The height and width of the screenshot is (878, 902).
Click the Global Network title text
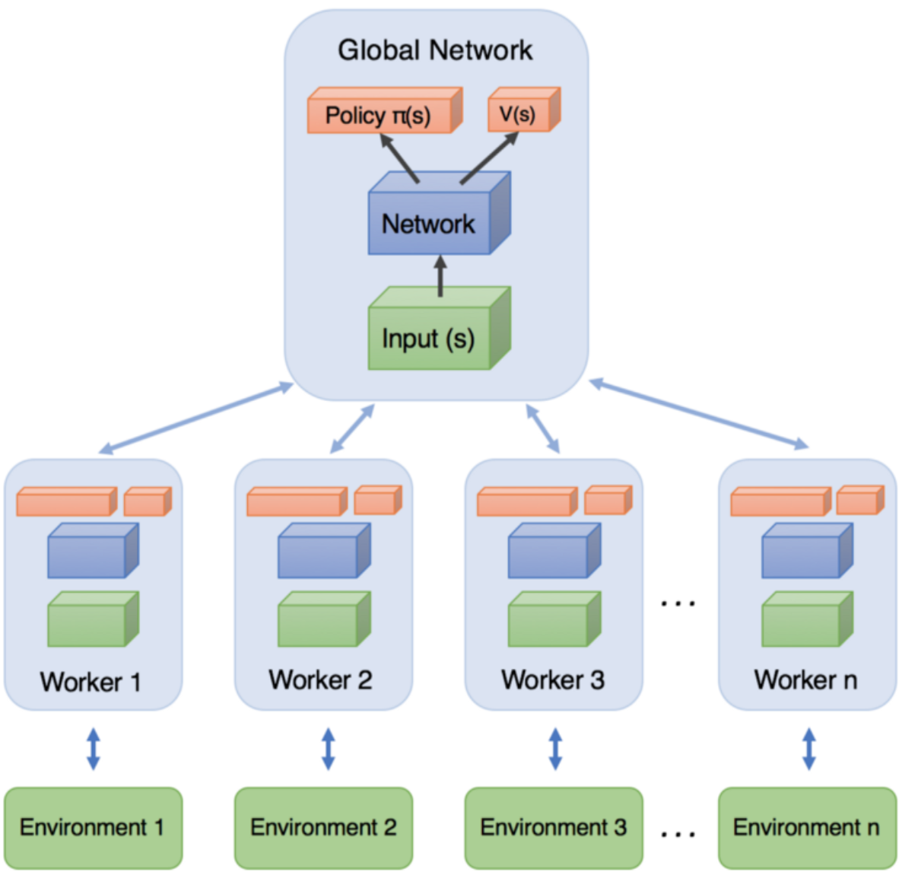tap(435, 50)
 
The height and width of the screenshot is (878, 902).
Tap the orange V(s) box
tap(520, 113)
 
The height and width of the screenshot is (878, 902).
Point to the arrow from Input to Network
tap(440, 275)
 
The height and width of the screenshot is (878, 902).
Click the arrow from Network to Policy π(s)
tap(399, 158)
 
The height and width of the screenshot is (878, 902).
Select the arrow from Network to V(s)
tap(488, 158)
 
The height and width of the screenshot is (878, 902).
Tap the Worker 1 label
tap(91, 682)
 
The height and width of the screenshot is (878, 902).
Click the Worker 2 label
tap(320, 679)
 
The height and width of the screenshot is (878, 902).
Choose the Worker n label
tap(805, 679)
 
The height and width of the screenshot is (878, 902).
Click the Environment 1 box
tap(93, 827)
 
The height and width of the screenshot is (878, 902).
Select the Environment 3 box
tap(554, 827)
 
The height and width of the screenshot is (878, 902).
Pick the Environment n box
tap(806, 827)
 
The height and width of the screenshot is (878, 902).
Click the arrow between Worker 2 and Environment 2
tap(328, 749)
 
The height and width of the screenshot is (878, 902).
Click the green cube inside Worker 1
tap(88, 620)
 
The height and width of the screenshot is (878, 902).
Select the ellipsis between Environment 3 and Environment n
tap(678, 835)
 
